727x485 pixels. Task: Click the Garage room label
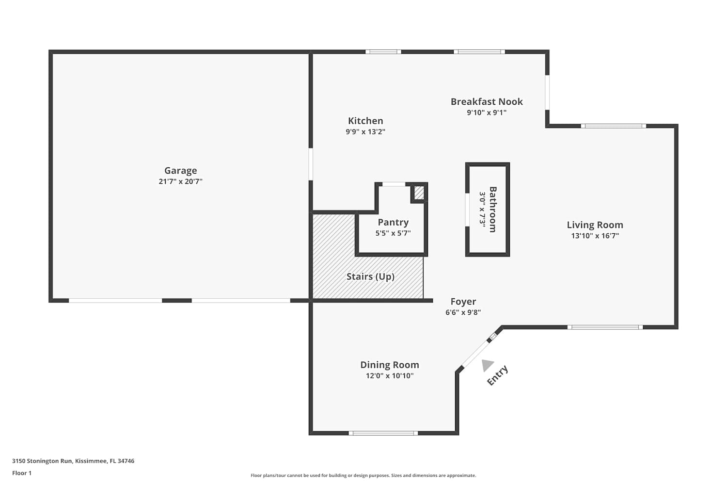(180, 171)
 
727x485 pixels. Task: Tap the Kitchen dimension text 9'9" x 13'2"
(365, 131)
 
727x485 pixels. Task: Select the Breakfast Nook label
(487, 102)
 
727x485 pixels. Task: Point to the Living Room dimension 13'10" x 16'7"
(595, 236)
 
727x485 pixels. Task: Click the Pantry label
(393, 223)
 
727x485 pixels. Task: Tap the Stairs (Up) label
(370, 276)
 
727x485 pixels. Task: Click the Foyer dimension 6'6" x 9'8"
(463, 312)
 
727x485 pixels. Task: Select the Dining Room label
(390, 365)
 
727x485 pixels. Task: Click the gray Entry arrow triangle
(487, 365)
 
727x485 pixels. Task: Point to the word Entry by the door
(497, 375)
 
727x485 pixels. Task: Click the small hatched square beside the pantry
(419, 193)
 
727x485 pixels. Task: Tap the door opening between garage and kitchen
(311, 164)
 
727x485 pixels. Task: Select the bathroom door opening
(467, 210)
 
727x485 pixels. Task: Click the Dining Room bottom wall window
(383, 433)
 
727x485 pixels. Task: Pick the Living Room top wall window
(614, 126)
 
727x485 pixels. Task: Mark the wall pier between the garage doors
(177, 301)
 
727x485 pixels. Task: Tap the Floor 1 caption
(22, 473)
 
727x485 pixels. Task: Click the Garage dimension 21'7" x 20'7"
(180, 181)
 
